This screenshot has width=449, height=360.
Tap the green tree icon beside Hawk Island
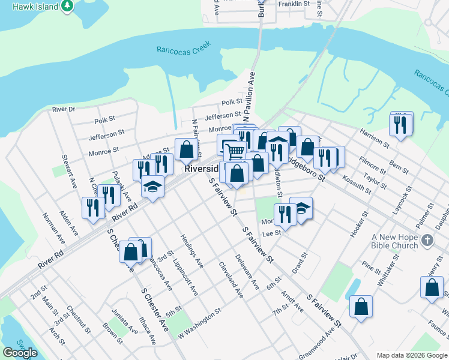point(67,7)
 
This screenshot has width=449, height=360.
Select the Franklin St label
point(294,4)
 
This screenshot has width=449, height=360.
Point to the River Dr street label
point(64,109)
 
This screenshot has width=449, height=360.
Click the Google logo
point(20,353)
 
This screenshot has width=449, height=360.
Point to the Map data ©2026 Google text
point(412,355)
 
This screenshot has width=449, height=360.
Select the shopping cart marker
point(235,151)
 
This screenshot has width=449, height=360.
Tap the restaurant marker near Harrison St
point(398,125)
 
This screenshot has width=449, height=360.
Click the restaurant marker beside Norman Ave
point(92,208)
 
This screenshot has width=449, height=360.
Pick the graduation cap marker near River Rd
point(153,186)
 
